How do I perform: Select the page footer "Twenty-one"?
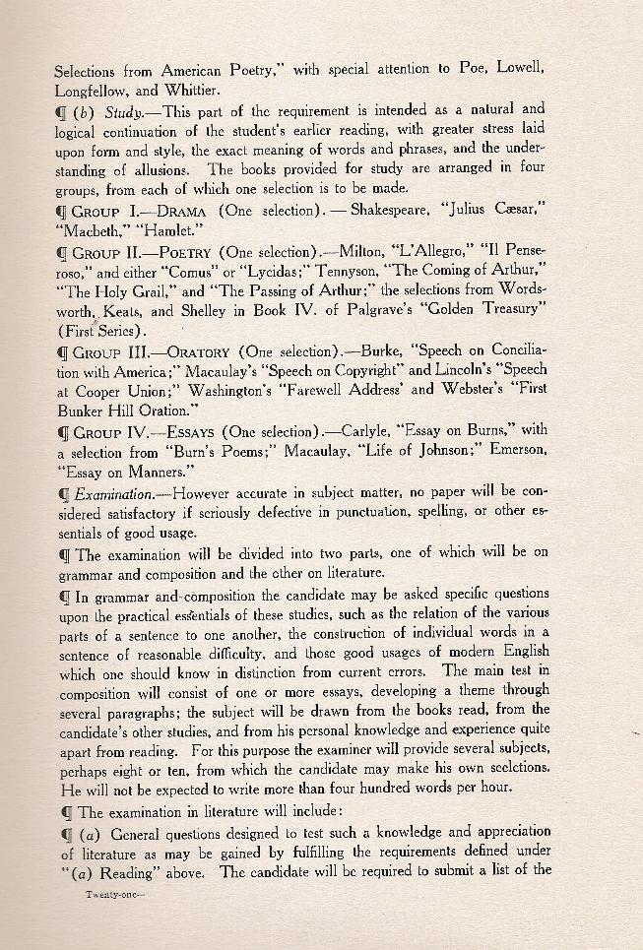point(114,894)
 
